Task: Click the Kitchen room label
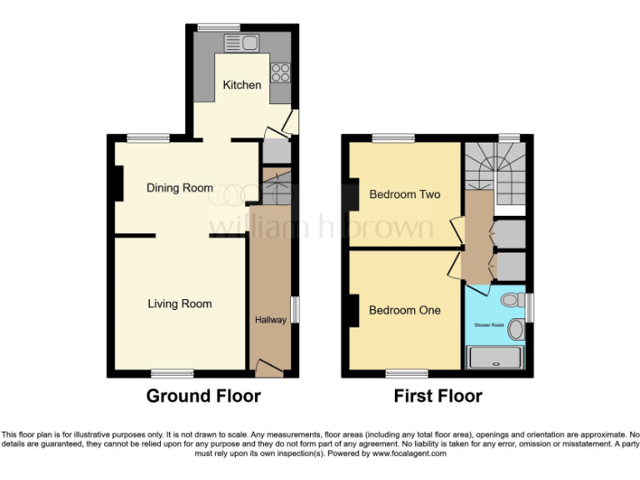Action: (242, 85)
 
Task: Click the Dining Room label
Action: (180, 187)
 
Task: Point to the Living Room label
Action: (180, 303)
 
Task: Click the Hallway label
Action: (270, 319)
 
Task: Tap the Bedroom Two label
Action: (404, 194)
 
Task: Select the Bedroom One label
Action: (404, 310)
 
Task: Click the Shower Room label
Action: (490, 324)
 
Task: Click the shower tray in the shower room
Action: (496, 357)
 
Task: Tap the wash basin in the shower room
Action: (517, 330)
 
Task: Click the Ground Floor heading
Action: (203, 396)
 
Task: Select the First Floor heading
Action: (437, 396)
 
